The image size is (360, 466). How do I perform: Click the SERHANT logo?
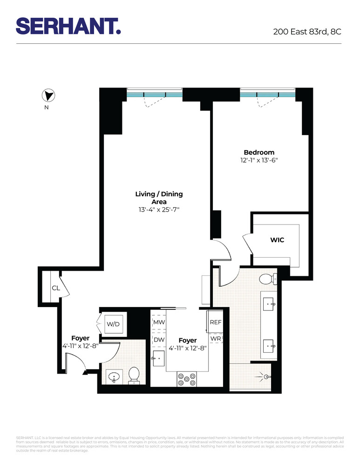tap(68, 26)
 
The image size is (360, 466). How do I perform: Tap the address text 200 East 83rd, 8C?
tap(307, 33)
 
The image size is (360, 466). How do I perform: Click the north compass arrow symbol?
tap(48, 96)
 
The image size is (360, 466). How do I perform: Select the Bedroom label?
tap(259, 152)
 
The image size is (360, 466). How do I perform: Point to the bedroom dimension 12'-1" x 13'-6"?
tap(259, 160)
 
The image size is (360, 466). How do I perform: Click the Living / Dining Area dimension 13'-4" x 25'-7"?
tap(159, 210)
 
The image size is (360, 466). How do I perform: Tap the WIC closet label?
tap(277, 240)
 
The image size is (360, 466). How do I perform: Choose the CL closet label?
tap(56, 288)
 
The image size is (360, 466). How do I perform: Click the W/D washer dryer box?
tap(113, 323)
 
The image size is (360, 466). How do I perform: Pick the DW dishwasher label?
tap(159, 340)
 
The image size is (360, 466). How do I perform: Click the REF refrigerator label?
tap(216, 322)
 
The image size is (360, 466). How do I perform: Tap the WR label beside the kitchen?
tap(216, 338)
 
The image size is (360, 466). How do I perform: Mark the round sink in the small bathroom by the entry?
tap(114, 376)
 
